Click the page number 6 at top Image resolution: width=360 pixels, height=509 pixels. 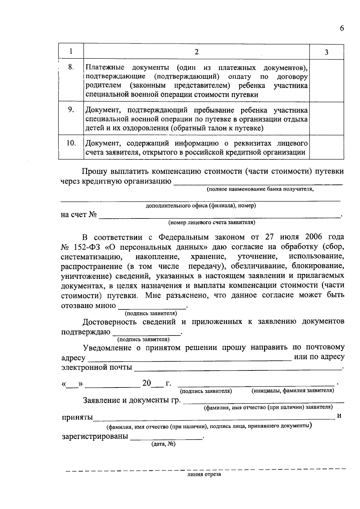point(342,29)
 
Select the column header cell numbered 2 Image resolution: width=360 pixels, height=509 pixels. point(196,52)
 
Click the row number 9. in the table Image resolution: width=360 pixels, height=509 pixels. point(71,110)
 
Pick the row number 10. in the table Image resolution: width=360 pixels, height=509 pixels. point(71,143)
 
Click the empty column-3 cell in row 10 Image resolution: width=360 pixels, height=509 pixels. point(326,147)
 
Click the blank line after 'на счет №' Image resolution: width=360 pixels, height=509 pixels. point(219,215)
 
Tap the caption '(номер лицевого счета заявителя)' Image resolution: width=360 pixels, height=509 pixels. point(211,222)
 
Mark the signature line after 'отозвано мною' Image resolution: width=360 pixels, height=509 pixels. point(152,306)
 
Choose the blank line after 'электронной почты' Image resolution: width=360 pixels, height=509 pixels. point(237,368)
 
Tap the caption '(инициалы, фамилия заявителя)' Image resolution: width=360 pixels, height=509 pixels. point(292,390)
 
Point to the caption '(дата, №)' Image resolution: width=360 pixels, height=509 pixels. point(163,444)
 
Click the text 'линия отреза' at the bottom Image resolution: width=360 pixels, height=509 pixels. point(204,474)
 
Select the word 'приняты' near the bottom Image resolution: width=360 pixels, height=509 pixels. point(77,417)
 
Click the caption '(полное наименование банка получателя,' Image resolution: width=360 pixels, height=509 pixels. point(260,189)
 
